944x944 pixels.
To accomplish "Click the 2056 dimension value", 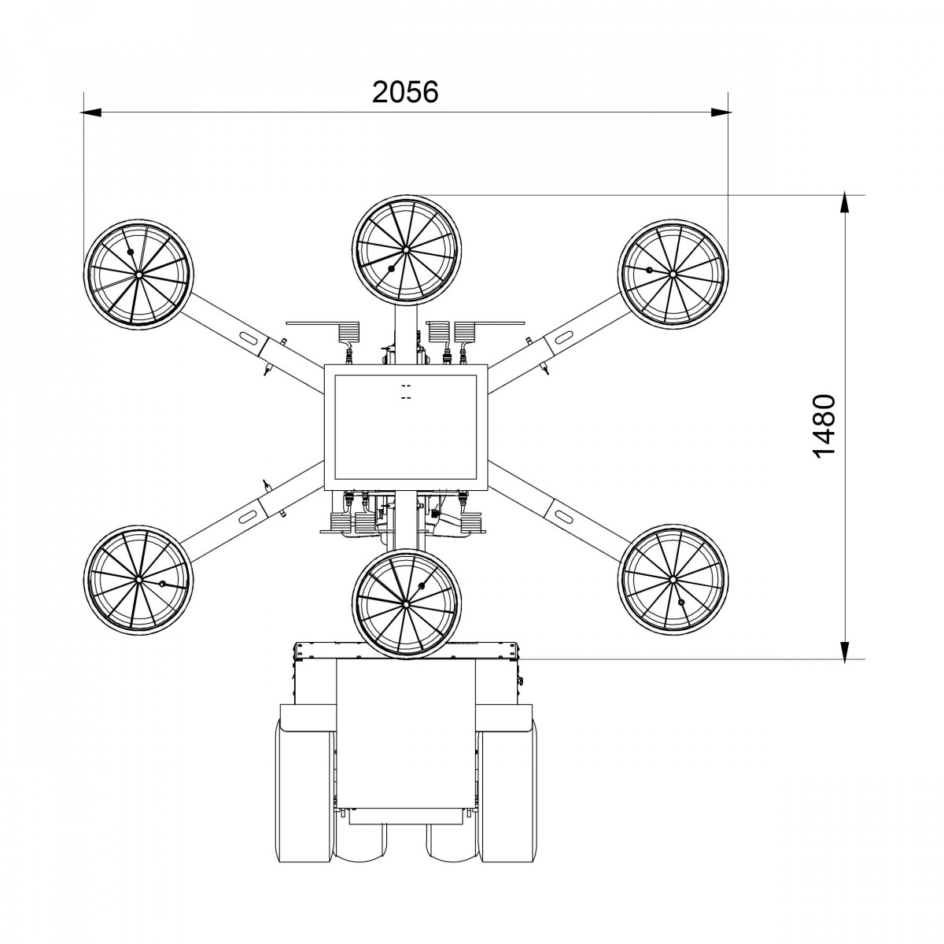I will pyautogui.click(x=405, y=92).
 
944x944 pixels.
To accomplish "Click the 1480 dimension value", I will pyautogui.click(x=823, y=426).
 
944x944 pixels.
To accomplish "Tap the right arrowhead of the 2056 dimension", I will pyautogui.click(x=721, y=112).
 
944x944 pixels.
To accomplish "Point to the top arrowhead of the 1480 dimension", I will pyautogui.click(x=844, y=201).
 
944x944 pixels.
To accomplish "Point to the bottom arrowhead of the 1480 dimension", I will pyautogui.click(x=844, y=650).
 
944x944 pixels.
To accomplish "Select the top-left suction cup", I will pyautogui.click(x=138, y=275).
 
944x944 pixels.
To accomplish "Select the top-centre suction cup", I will pyautogui.click(x=406, y=249).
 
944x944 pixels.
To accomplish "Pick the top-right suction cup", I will pyautogui.click(x=673, y=274).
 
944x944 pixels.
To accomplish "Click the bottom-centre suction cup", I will pyautogui.click(x=406, y=603).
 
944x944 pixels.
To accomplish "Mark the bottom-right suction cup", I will pyautogui.click(x=673, y=578).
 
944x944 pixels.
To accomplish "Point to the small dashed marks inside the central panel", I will pyautogui.click(x=406, y=392).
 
